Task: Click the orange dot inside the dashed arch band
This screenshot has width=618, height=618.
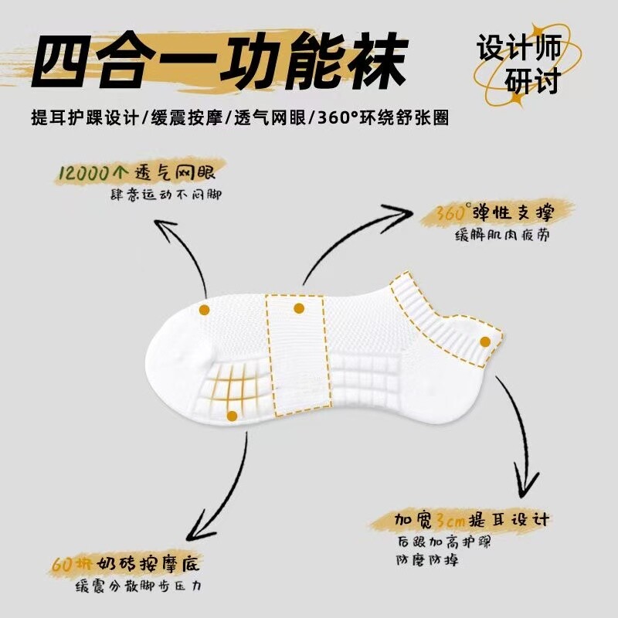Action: [299, 308]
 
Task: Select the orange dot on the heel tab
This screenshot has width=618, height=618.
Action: [484, 341]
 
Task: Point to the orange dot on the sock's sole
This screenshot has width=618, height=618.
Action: [231, 416]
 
